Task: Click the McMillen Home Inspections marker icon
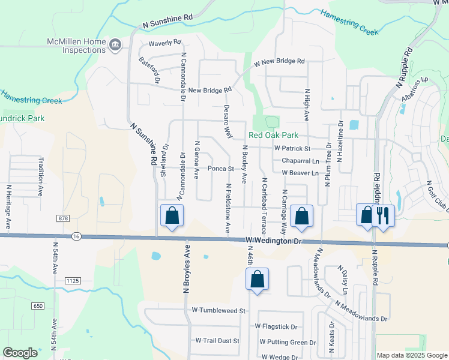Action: pyautogui.click(x=115, y=44)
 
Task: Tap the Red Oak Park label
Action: pyautogui.click(x=273, y=136)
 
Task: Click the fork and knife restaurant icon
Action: pyautogui.click(x=383, y=215)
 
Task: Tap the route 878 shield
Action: pyautogui.click(x=65, y=218)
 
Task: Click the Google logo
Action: pyautogui.click(x=20, y=353)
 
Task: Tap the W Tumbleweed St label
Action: pyautogui.click(x=219, y=311)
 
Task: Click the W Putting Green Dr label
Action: pyautogui.click(x=288, y=342)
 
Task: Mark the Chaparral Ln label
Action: pyautogui.click(x=300, y=161)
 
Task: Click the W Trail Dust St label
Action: pyautogui.click(x=217, y=340)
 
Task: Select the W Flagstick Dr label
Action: pyautogui.click(x=276, y=326)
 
